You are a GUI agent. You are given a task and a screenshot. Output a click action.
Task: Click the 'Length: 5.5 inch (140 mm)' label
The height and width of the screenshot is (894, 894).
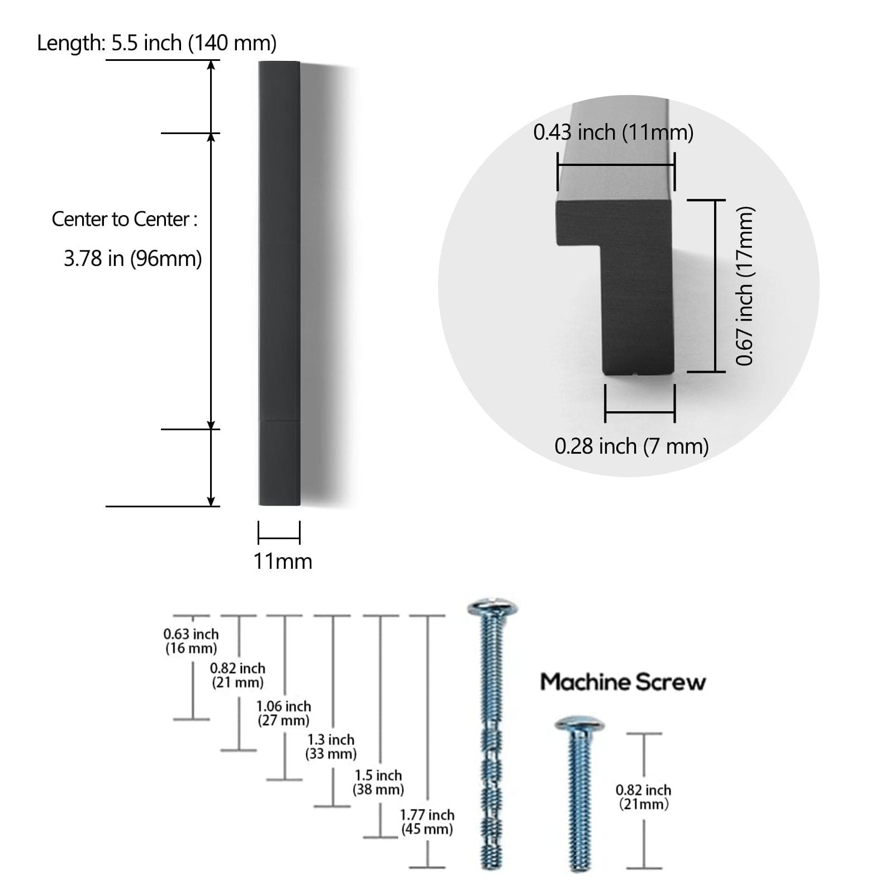[156, 43]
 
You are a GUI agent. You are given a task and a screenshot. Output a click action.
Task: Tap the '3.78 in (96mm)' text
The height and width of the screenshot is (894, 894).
[132, 259]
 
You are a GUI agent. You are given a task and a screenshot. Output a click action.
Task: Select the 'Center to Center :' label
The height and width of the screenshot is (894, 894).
[125, 219]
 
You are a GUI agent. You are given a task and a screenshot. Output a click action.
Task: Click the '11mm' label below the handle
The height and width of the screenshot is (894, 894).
[283, 561]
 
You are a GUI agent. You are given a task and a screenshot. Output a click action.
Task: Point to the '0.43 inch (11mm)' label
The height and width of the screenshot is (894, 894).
[613, 132]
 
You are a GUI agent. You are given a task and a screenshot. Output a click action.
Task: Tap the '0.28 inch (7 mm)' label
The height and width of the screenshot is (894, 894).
[631, 446]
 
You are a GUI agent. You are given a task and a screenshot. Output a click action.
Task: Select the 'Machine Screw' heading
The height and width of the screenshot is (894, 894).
[622, 682]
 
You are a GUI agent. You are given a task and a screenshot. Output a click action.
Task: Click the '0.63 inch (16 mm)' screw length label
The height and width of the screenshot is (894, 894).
[191, 641]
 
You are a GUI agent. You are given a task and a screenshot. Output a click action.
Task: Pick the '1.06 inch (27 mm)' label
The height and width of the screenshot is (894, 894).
[283, 713]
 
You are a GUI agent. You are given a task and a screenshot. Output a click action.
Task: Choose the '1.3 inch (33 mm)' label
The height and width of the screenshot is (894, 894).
[331, 746]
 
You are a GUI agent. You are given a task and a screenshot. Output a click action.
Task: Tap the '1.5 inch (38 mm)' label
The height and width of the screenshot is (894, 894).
[378, 782]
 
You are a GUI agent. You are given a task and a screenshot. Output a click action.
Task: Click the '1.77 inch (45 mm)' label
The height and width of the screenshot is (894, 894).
[427, 822]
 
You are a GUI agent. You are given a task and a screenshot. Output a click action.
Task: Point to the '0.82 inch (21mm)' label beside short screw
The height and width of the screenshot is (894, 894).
[643, 797]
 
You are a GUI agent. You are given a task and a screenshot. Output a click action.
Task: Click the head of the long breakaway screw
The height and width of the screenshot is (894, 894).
[492, 607]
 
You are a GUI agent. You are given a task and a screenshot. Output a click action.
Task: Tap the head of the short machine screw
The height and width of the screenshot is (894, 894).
[579, 725]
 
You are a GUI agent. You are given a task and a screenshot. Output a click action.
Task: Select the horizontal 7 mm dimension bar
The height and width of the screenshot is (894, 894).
[640, 413]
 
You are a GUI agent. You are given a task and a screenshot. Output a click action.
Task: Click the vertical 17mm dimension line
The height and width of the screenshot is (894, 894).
[715, 286]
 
